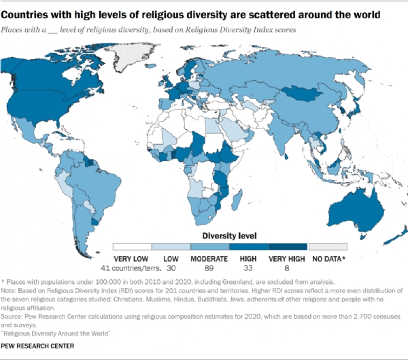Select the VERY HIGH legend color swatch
(288, 247)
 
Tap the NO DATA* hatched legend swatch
(328, 247)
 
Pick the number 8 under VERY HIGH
(288, 268)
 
